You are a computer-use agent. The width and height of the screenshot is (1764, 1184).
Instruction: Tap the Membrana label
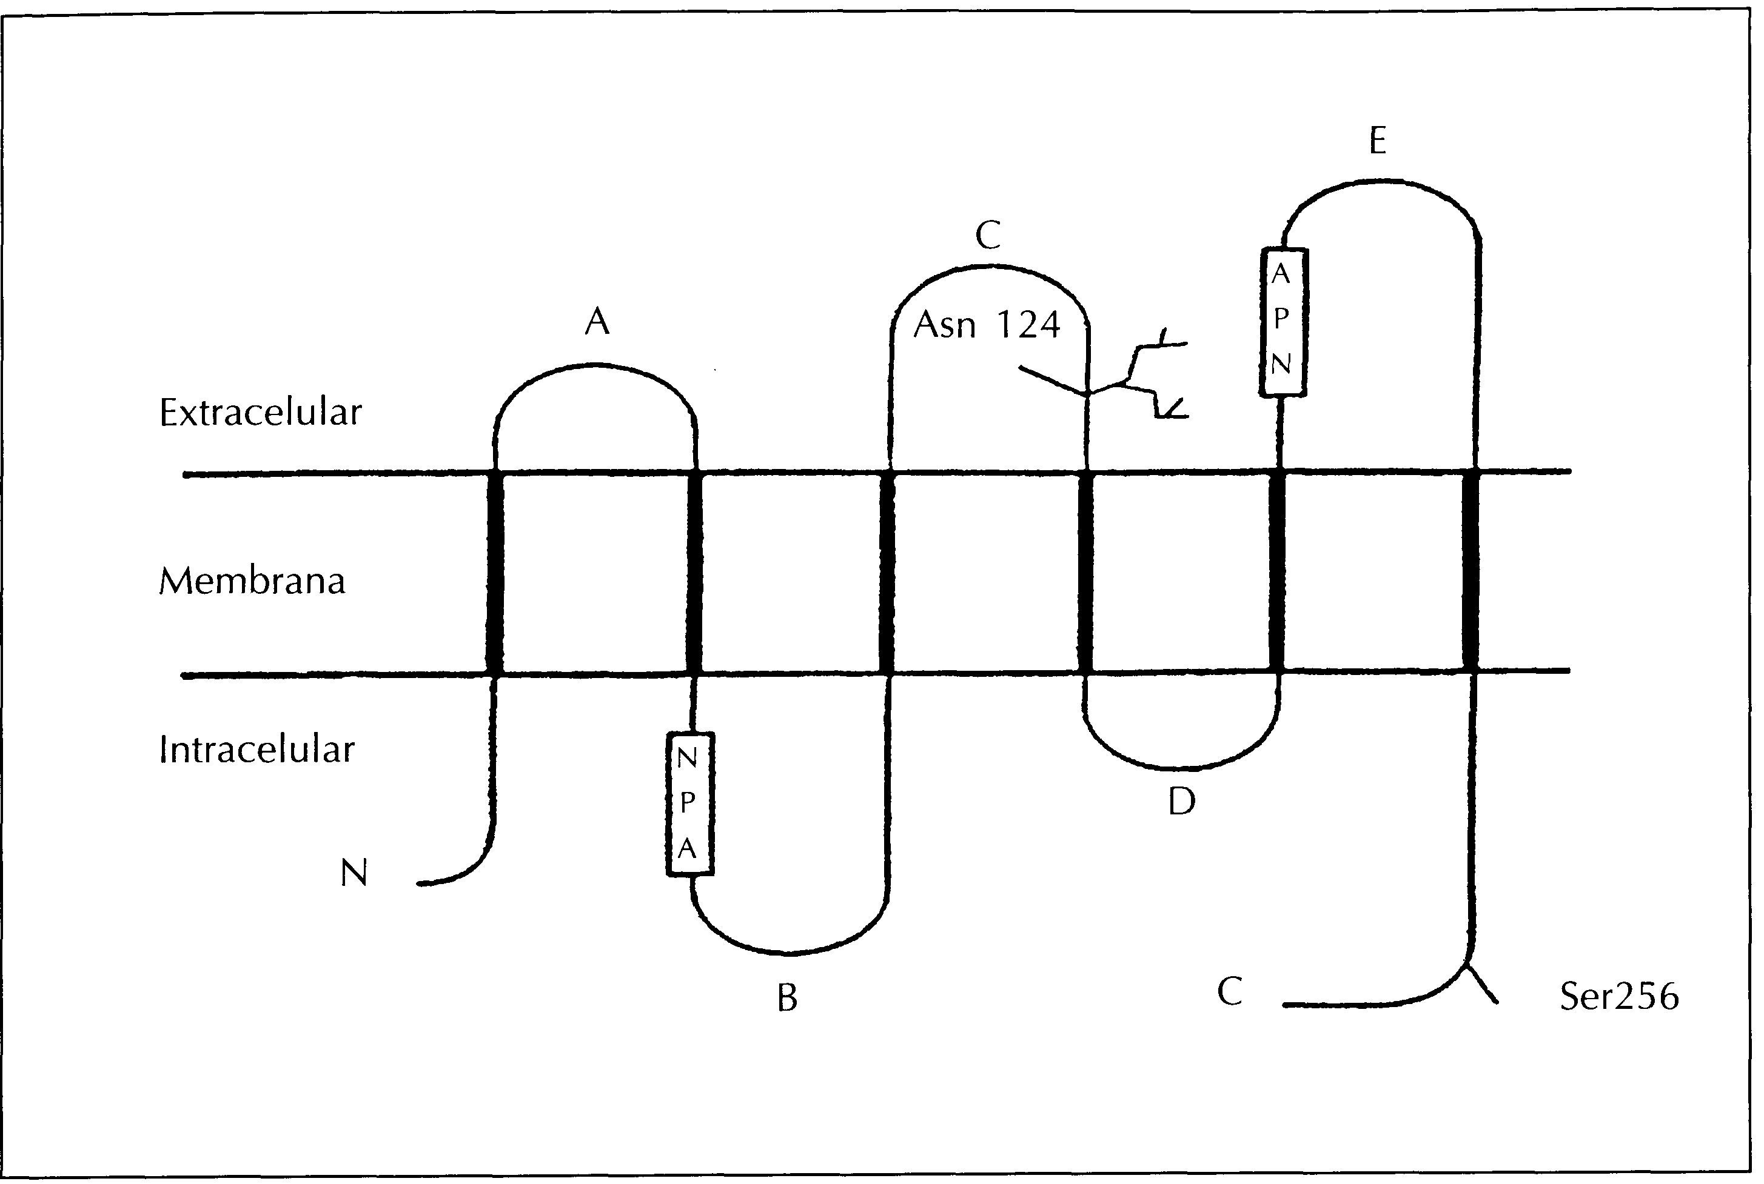coord(252,582)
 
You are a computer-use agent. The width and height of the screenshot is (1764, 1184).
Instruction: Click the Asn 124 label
coord(986,325)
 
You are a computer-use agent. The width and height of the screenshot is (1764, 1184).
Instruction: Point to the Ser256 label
coord(1618,997)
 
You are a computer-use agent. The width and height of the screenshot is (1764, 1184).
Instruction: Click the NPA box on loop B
coord(689,803)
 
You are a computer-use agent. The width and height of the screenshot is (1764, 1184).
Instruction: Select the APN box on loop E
coord(1282,321)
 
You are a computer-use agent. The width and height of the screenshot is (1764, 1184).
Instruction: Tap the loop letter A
coord(597,322)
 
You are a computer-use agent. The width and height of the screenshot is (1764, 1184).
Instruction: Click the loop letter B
coord(787,998)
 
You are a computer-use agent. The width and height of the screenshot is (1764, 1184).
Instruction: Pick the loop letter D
coord(1181,802)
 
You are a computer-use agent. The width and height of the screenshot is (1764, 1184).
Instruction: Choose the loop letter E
coord(1377,141)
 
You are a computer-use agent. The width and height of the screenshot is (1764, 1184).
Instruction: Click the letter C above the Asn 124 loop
coord(987,236)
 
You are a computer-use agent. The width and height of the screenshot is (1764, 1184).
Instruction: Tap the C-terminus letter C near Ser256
coord(1230,992)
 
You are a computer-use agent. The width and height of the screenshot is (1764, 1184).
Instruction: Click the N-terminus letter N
coord(354,874)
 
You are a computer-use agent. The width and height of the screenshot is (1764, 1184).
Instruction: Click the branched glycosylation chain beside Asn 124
coord(1141,377)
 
